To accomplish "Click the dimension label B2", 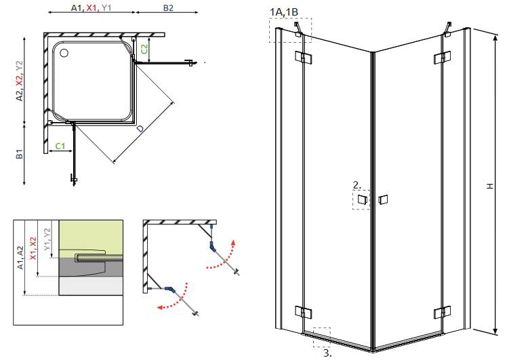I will tap(167, 8).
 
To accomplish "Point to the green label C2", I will tap(144, 47).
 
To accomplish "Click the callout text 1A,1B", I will tap(283, 12).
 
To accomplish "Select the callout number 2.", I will tap(356, 184).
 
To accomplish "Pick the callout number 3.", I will tap(327, 353).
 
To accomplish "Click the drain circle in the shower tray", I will tap(64, 51).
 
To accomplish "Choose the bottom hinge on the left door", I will tap(303, 313).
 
